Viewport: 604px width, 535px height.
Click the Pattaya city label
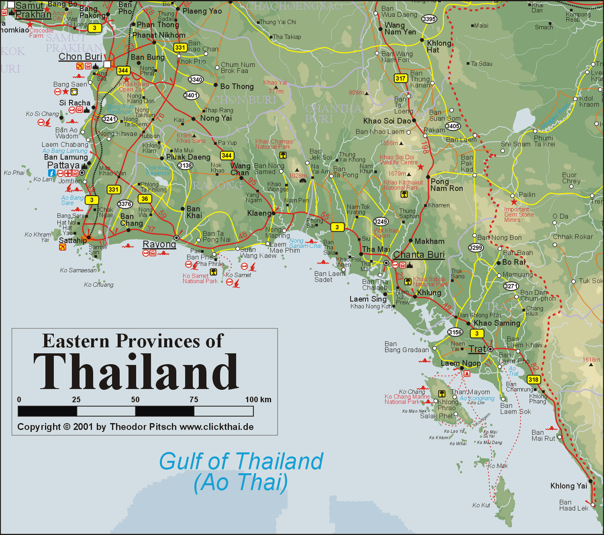point(63,165)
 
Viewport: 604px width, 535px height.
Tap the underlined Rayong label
point(159,244)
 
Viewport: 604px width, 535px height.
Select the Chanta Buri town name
point(419,255)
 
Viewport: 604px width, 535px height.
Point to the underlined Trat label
point(477,349)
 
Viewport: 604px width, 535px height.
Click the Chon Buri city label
point(80,57)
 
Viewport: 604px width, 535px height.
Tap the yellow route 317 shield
point(400,78)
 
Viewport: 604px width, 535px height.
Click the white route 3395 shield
point(429,19)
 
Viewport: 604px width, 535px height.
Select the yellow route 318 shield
point(533,379)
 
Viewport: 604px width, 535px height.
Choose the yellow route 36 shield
point(145,199)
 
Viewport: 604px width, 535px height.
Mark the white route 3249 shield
point(380,221)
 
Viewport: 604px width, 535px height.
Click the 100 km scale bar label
point(258,399)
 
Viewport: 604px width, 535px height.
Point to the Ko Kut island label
point(481,505)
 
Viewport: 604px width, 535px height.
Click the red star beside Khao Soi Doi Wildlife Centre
point(420,167)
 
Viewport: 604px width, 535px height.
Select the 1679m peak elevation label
point(397,174)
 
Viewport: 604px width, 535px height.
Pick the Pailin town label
point(527,195)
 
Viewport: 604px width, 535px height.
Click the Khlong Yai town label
point(569,486)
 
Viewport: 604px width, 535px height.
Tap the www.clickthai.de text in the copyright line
point(216,427)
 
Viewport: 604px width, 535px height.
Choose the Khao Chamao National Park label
point(274,144)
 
